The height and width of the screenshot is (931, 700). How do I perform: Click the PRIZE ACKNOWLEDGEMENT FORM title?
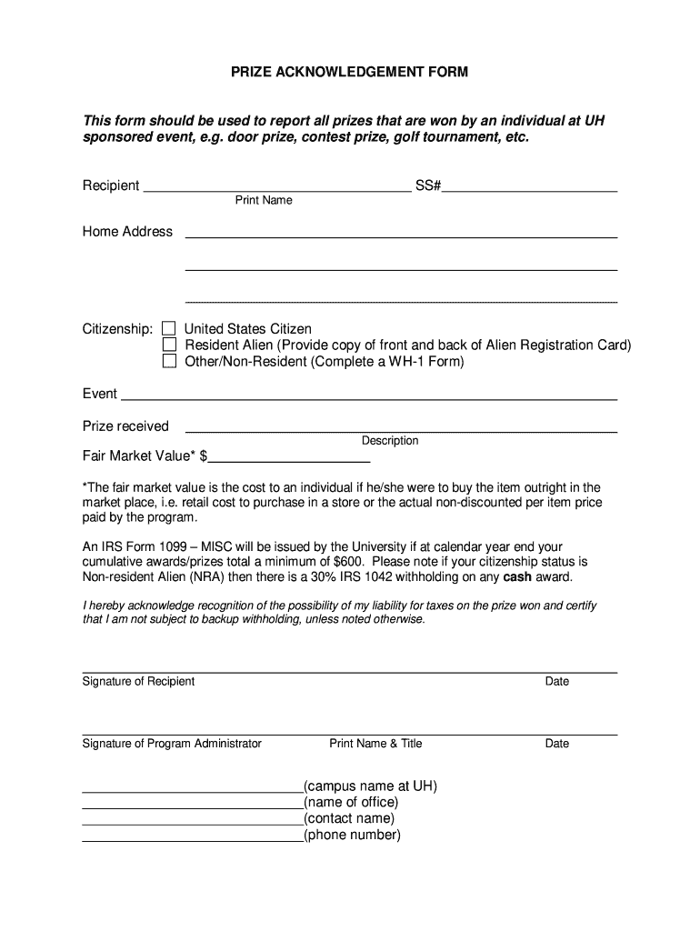pos(350,72)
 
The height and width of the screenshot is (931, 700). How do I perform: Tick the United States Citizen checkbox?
pos(169,328)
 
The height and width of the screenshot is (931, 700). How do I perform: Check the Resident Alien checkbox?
pos(169,345)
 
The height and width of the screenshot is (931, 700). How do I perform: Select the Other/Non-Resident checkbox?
pos(169,361)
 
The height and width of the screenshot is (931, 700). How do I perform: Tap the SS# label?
pos(428,185)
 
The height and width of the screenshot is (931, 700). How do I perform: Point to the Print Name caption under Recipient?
pos(264,200)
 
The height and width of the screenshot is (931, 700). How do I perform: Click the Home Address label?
pos(127,232)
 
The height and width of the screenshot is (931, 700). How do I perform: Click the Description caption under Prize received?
pos(390,441)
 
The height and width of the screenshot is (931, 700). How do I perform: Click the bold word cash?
pos(518,576)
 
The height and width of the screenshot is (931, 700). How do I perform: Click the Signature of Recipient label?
pos(138,682)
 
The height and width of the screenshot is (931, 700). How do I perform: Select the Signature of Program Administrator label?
pos(172,744)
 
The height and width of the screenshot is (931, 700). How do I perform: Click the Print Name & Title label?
pos(375,744)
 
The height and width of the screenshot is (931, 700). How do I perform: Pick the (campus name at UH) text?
pos(370,786)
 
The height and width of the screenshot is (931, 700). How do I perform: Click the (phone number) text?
pos(352,836)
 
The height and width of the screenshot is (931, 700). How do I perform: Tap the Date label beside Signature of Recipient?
pos(557,682)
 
